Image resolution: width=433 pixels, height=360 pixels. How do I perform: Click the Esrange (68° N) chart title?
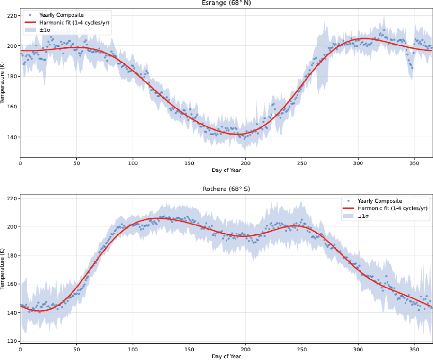tap(226, 3)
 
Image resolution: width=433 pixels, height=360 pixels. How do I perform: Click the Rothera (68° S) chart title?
tap(226, 189)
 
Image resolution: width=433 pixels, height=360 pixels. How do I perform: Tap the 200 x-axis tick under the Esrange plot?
tap(245, 163)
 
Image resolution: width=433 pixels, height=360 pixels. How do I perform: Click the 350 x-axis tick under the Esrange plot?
tap(414, 163)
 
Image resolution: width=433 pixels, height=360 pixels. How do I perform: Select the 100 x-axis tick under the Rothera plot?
tap(133, 350)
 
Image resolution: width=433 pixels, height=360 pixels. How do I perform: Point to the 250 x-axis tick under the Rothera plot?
tap(302, 350)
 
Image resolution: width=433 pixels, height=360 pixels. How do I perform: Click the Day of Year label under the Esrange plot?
tap(226, 171)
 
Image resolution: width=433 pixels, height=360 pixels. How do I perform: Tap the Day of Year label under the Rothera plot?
tap(226, 356)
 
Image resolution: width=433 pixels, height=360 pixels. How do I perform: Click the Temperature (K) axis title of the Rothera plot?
tap(2, 269)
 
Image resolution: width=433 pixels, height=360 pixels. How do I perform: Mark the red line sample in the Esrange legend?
tap(30, 22)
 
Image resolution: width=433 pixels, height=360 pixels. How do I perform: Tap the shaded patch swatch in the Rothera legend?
tap(349, 216)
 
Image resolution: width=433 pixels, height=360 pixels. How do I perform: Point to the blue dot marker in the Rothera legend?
tap(349, 201)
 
